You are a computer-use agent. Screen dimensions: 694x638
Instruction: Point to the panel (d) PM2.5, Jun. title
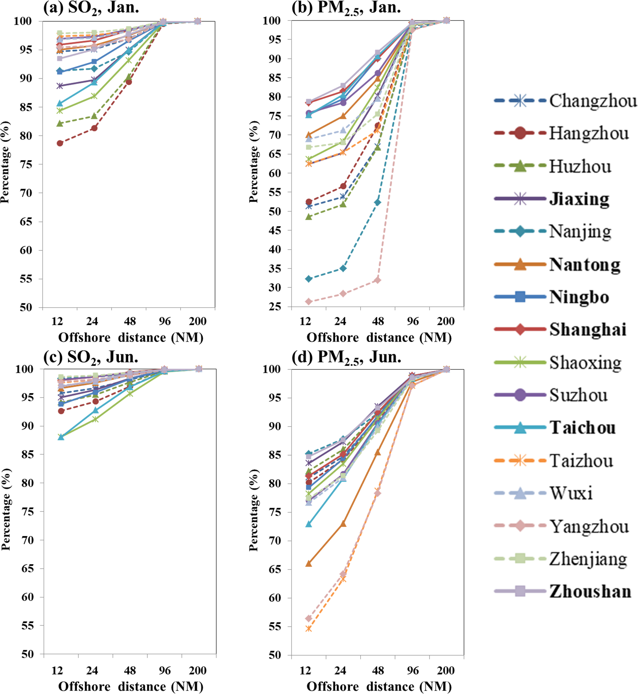click(346, 357)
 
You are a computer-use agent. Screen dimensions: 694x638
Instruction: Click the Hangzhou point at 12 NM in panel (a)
click(60, 143)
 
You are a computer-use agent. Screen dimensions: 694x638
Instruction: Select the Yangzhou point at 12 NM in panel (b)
click(309, 302)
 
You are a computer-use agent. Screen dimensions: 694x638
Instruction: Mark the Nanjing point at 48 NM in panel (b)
click(377, 202)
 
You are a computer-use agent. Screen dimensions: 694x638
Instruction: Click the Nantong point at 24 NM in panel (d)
click(343, 524)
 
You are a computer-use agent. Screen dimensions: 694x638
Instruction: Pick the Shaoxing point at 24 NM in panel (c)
click(95, 419)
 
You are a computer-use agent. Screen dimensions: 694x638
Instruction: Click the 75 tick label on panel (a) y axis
click(26, 164)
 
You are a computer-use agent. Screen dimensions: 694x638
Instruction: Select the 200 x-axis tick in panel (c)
click(197, 670)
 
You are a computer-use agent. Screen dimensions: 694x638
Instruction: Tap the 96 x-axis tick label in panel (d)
click(413, 670)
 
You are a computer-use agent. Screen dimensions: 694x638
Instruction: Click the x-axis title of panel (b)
click(379, 338)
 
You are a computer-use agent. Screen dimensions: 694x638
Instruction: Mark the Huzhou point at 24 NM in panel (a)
click(94, 116)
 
